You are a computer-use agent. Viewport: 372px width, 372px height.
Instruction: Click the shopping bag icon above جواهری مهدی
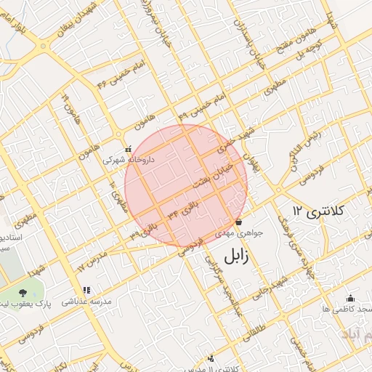click(x=238, y=222)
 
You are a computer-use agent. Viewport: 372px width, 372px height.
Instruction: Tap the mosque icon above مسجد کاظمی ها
click(x=350, y=298)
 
